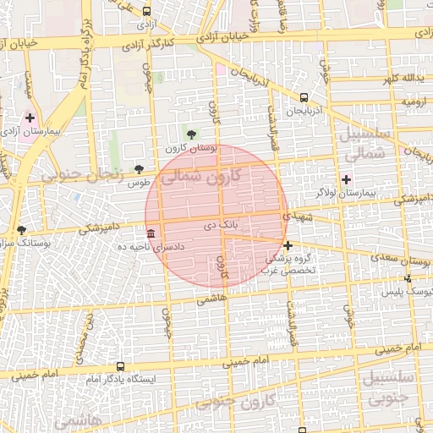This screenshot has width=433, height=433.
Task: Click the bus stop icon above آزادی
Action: coord(148,12)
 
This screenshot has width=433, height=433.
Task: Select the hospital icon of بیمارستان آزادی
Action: coord(30,118)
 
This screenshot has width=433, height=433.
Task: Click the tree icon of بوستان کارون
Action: coord(191,134)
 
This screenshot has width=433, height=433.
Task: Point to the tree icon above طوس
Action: coord(140,170)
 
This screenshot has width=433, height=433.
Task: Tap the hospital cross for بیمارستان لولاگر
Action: coord(346,178)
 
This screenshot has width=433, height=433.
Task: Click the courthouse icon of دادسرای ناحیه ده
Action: coord(151,233)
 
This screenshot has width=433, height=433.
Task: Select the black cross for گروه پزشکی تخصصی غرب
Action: coord(288,245)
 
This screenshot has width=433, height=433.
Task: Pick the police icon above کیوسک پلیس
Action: coord(408,277)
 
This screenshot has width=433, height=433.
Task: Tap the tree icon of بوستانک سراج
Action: coord(21,229)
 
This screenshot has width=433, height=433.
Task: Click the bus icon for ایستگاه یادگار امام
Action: coord(120,367)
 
